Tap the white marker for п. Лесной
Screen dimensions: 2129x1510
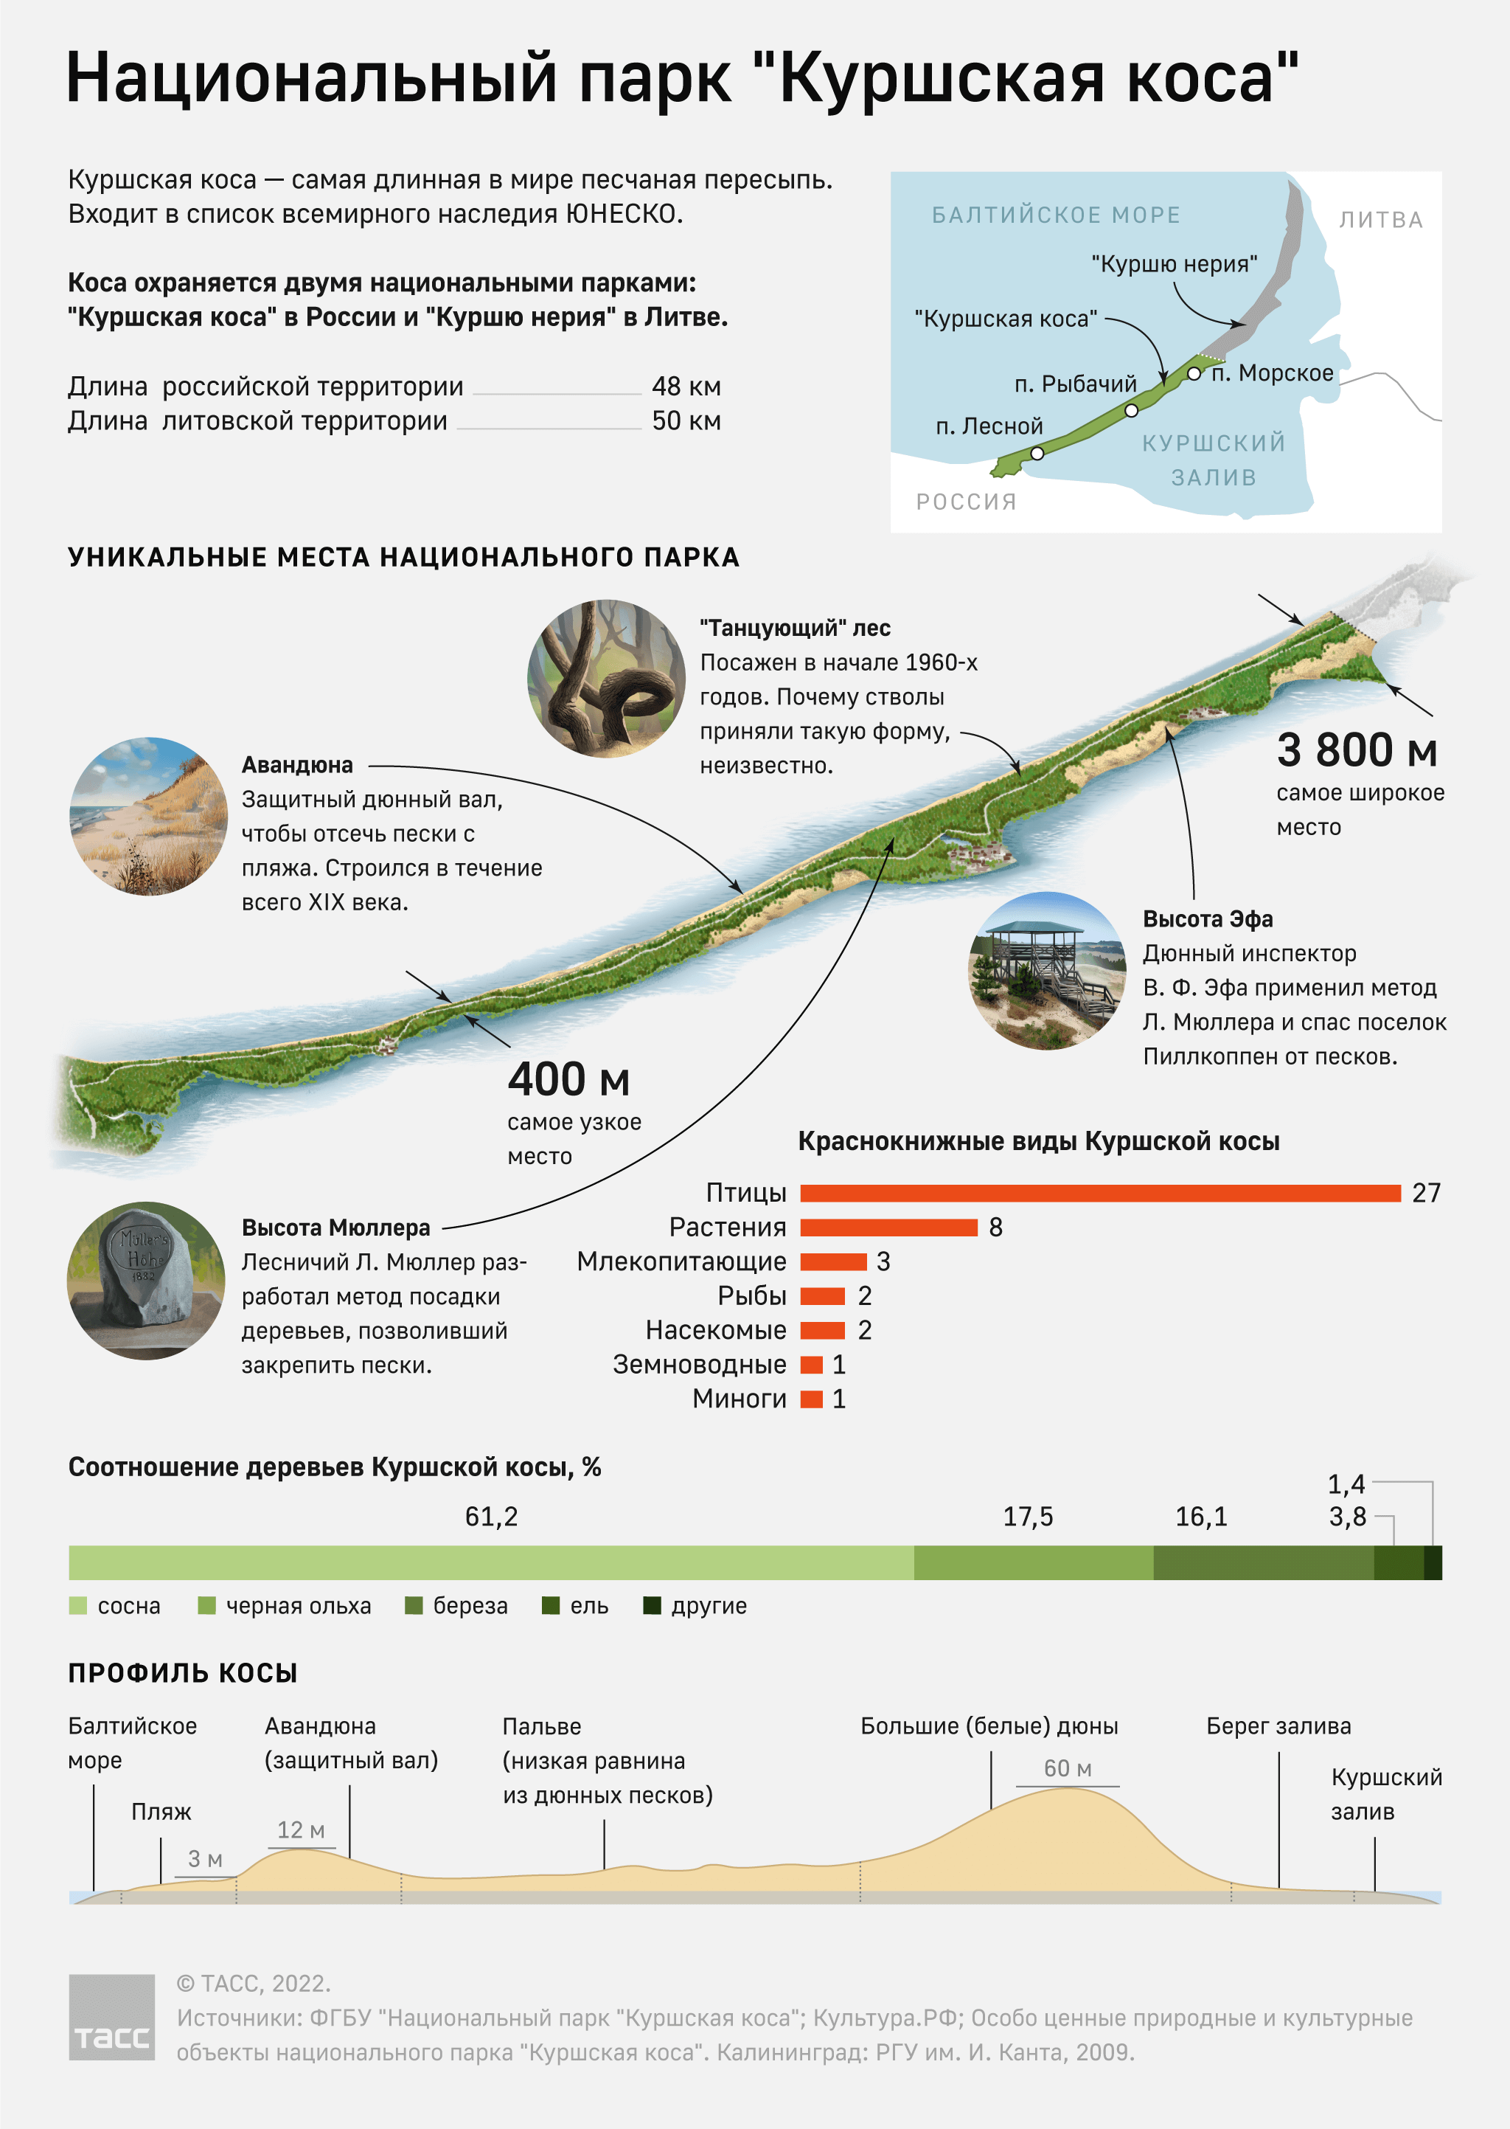pyautogui.click(x=1037, y=454)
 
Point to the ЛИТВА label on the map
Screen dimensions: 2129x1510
pyautogui.click(x=1381, y=221)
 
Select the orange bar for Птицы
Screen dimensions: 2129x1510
pyautogui.click(x=1099, y=1194)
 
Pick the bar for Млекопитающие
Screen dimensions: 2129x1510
pyautogui.click(x=833, y=1262)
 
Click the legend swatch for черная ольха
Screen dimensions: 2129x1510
pyautogui.click(x=206, y=1605)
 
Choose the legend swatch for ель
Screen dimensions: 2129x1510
pyautogui.click(x=551, y=1605)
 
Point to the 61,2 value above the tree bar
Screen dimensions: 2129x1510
pyautogui.click(x=491, y=1517)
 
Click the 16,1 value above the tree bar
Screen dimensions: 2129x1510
pyautogui.click(x=1200, y=1517)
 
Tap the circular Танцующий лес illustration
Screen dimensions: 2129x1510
pyautogui.click(x=606, y=678)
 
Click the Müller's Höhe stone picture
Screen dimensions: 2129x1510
pyautogui.click(x=146, y=1281)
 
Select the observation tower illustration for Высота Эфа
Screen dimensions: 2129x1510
pyautogui.click(x=1048, y=970)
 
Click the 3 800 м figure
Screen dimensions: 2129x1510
pyautogui.click(x=1357, y=750)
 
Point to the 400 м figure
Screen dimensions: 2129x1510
pyautogui.click(x=568, y=1080)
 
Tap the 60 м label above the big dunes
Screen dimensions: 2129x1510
pyautogui.click(x=1068, y=1768)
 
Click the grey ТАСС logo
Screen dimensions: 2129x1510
pyautogui.click(x=111, y=2018)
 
